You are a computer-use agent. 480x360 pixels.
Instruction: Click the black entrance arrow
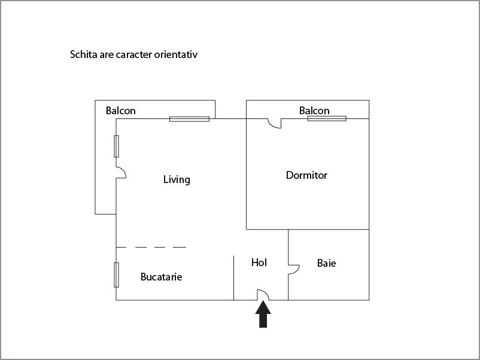[263, 315]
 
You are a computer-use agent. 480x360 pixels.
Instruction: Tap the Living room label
[177, 179]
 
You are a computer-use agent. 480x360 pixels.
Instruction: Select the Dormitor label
[306, 175]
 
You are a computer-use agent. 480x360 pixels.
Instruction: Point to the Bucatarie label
[162, 277]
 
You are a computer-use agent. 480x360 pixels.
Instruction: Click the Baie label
[326, 263]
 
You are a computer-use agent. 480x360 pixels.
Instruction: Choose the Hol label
[259, 263]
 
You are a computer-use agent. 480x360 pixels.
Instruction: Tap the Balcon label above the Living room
[121, 111]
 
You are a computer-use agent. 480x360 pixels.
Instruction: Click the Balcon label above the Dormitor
[314, 111]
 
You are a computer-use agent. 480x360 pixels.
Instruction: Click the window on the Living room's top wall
[190, 119]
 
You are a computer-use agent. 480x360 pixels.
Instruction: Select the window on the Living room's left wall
[116, 147]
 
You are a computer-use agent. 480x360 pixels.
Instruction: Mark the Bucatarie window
[116, 274]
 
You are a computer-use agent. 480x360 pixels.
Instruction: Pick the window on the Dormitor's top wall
[327, 118]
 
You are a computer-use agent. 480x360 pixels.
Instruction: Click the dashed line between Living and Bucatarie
[151, 247]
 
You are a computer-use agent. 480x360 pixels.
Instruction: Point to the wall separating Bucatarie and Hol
[234, 277]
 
